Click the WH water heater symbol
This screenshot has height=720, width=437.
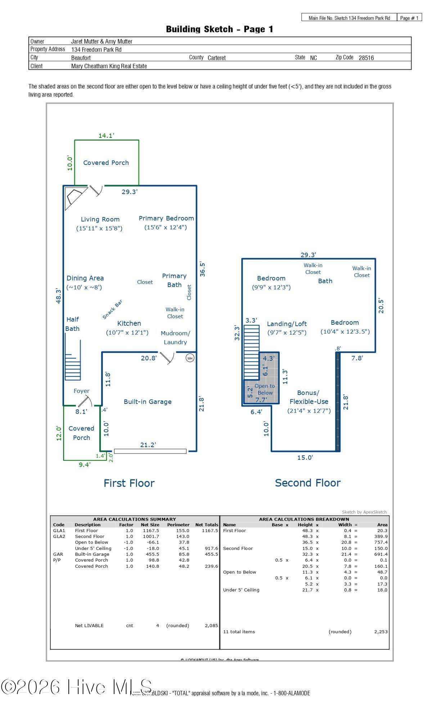tap(190, 358)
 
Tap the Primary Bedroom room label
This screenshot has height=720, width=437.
tap(166, 219)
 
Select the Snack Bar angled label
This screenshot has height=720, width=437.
tap(112, 309)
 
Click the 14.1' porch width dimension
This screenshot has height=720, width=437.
tap(106, 136)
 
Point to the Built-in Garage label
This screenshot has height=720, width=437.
tap(148, 402)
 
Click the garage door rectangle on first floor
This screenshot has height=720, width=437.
tap(150, 451)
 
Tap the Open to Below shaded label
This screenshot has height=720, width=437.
tap(265, 390)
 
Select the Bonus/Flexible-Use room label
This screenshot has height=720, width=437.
tap(309, 397)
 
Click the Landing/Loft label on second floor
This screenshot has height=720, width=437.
tap(287, 324)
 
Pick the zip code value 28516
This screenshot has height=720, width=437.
tap(366, 58)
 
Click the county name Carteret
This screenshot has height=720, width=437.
tap(216, 58)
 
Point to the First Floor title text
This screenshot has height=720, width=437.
tap(129, 483)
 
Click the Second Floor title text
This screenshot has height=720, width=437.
tap(307, 483)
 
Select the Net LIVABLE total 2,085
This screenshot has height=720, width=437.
tap(211, 625)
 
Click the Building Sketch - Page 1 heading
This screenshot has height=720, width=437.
tap(219, 29)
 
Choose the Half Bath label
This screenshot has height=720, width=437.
tap(72, 324)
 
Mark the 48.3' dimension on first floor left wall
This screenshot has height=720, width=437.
tap(59, 296)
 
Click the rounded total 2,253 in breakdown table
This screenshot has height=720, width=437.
tap(380, 631)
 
